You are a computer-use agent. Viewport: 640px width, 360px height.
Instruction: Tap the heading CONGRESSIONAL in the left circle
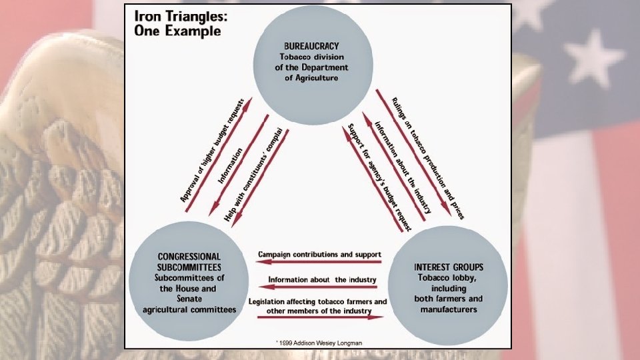(x=189, y=256)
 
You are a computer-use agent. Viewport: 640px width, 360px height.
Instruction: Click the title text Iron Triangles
(x=179, y=15)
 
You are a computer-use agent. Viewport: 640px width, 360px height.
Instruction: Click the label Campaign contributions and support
(x=319, y=254)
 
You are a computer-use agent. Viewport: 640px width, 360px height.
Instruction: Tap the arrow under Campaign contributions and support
(x=319, y=262)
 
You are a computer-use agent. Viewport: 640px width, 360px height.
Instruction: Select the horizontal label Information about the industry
(x=323, y=279)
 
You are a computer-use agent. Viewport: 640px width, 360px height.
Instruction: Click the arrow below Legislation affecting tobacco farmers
(x=321, y=317)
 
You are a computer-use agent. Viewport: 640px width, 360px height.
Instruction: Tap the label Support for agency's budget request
(x=377, y=176)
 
